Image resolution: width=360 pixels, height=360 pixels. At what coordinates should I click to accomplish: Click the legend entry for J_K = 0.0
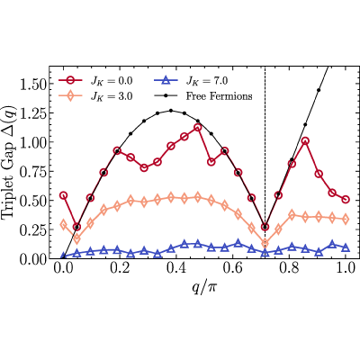(95, 81)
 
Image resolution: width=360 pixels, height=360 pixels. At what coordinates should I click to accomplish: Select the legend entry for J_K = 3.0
(95, 96)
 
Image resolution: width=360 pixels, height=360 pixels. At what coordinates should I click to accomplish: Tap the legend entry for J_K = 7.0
(191, 81)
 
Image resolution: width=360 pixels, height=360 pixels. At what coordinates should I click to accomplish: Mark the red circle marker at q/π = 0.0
(63, 195)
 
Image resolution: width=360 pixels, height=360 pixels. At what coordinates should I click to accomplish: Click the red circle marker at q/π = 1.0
(346, 200)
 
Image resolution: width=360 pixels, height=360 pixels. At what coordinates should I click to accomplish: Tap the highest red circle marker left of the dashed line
(197, 128)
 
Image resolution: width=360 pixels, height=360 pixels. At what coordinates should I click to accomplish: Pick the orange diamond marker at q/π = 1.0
(346, 219)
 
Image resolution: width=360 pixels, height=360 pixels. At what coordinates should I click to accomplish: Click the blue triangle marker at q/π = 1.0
(346, 247)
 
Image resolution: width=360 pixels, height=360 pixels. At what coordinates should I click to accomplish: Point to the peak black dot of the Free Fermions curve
(171, 111)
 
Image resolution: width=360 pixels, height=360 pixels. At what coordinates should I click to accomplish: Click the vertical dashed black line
(265, 162)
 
